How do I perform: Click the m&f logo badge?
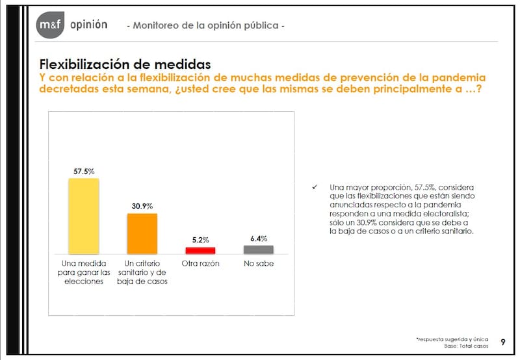click(x=49, y=25)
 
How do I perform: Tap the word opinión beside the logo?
click(x=87, y=25)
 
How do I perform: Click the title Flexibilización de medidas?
click(x=125, y=64)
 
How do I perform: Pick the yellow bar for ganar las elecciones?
click(x=84, y=216)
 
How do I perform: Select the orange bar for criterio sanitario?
click(x=142, y=233)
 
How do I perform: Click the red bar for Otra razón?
click(x=200, y=250)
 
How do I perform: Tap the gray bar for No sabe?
click(x=259, y=249)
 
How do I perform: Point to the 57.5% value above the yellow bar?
click(x=84, y=171)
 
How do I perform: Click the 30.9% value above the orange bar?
click(x=142, y=206)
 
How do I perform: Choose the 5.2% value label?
click(x=200, y=240)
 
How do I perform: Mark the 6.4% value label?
click(x=259, y=238)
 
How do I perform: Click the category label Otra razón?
click(x=200, y=264)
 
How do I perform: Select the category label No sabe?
click(x=259, y=264)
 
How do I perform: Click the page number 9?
click(x=503, y=342)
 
